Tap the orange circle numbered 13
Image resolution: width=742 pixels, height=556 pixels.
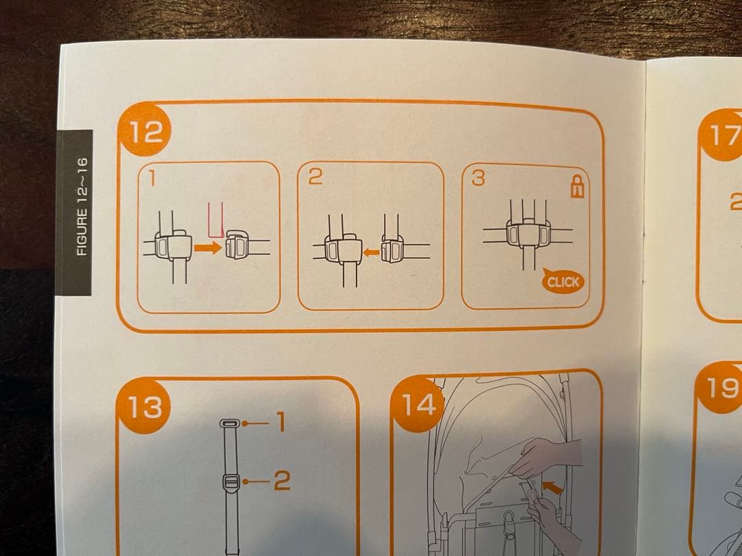(144, 406)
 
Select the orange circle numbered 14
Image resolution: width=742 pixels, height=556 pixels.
(417, 405)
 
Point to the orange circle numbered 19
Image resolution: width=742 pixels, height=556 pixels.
(720, 388)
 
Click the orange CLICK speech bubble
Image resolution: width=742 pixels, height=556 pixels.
(563, 282)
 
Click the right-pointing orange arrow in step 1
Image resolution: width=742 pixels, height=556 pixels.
(207, 247)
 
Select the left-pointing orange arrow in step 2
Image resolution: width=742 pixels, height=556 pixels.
(371, 253)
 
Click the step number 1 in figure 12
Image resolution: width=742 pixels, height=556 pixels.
(152, 178)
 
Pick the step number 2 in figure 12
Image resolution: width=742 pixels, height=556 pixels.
(315, 177)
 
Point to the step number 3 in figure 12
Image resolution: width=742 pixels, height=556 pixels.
(478, 178)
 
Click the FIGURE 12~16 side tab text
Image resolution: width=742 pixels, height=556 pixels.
(82, 207)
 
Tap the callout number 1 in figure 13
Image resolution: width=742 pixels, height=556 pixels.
(280, 421)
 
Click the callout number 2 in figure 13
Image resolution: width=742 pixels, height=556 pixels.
(282, 480)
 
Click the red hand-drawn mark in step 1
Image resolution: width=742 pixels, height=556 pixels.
(216, 220)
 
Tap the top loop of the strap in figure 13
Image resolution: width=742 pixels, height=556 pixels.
(230, 423)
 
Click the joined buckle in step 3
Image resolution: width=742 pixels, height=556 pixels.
(528, 233)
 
